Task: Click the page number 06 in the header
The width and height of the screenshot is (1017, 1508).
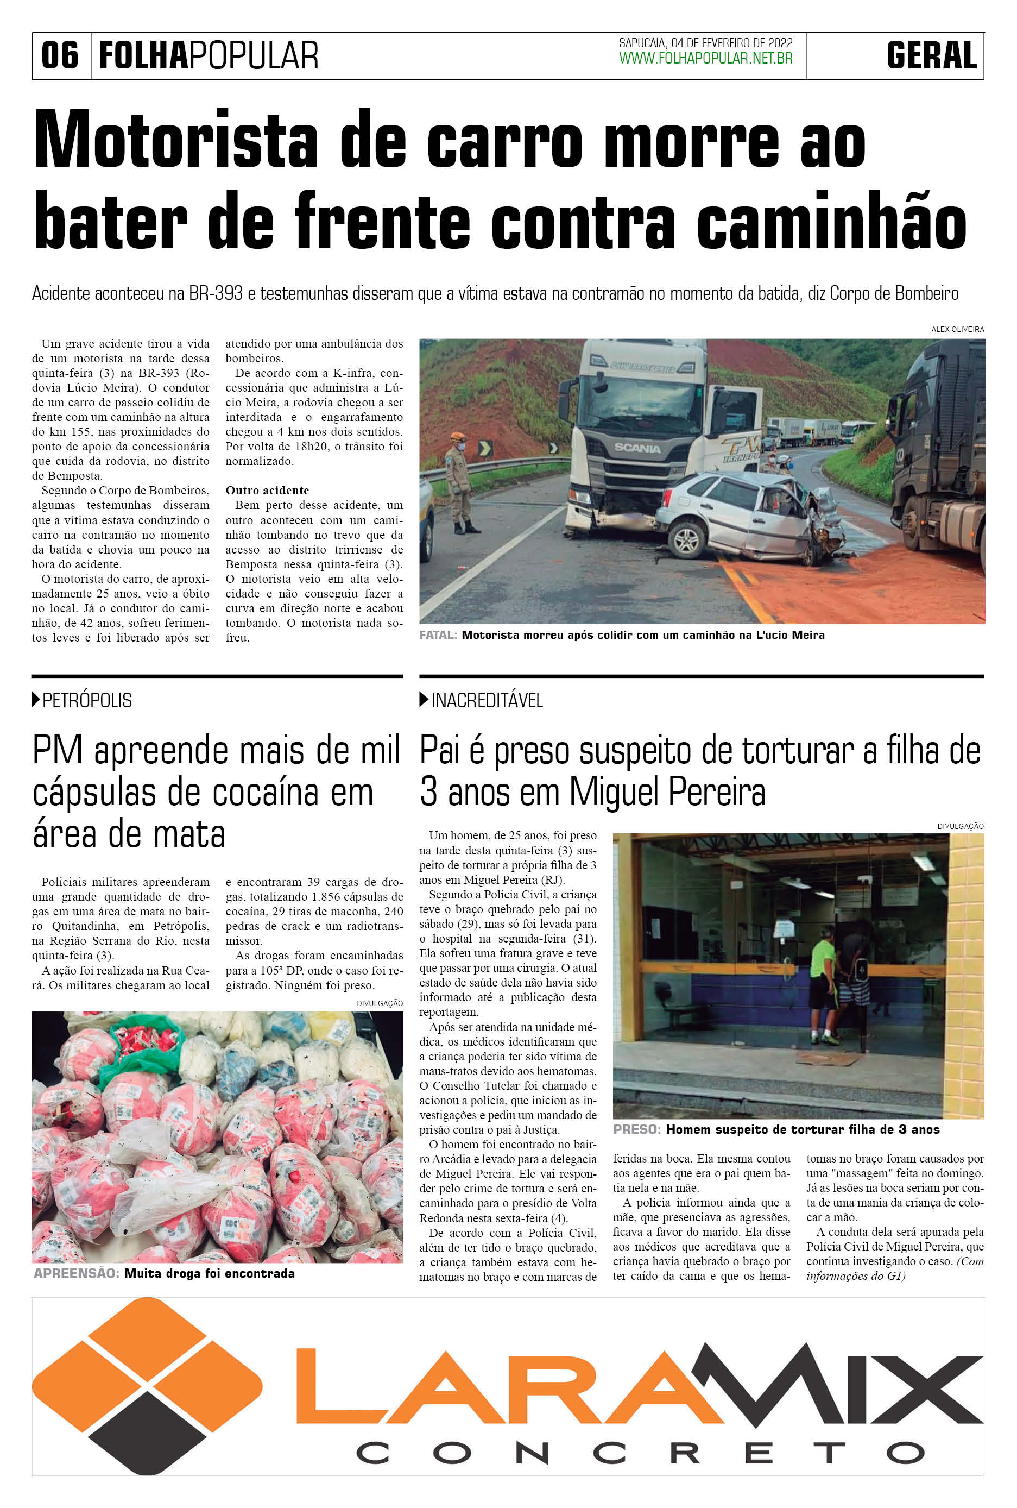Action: point(60,55)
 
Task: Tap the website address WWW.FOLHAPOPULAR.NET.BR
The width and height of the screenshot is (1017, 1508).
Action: point(706,59)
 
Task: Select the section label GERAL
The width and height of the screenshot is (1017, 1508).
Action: point(931,55)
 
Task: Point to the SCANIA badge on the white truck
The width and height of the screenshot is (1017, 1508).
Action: point(637,448)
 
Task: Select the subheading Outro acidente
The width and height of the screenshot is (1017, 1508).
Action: point(267,491)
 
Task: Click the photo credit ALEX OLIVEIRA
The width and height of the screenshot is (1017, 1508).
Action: point(957,330)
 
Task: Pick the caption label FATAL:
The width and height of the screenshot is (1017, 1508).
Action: point(438,635)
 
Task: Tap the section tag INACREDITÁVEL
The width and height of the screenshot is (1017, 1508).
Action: point(487,700)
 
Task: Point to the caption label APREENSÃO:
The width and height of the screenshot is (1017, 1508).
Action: point(77,1274)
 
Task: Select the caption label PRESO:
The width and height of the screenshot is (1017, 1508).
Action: point(637,1130)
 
